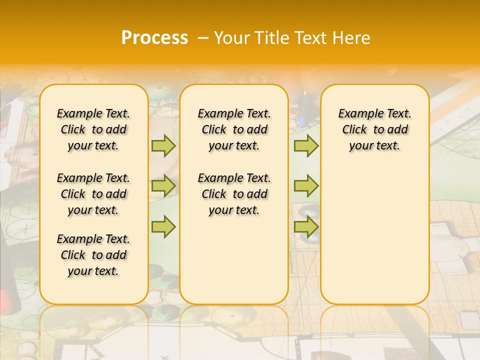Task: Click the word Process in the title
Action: point(154,38)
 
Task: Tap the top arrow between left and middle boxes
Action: point(163,145)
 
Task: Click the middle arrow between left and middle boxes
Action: point(163,186)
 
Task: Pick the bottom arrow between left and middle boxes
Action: point(163,226)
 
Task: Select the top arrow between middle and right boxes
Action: point(306,145)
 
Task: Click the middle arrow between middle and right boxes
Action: point(306,186)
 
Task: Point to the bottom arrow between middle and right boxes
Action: point(306,226)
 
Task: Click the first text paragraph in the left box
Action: point(93,129)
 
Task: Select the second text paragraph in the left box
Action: point(93,194)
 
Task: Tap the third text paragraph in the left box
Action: point(93,255)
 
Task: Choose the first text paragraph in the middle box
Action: point(234,129)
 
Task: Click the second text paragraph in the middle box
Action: point(234,194)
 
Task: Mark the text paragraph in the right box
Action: point(374,129)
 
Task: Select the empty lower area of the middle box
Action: point(234,260)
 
